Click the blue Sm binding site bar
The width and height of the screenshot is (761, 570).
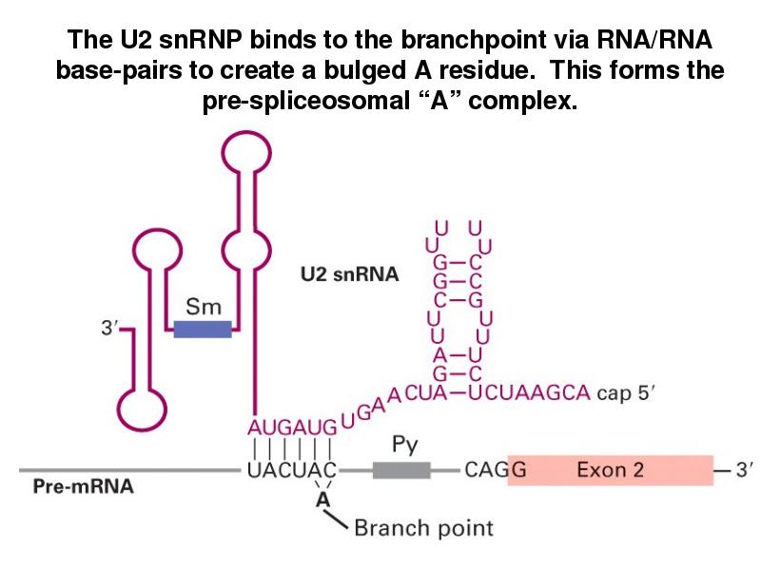203,329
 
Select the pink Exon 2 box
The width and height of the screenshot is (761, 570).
610,470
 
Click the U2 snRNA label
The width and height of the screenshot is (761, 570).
348,275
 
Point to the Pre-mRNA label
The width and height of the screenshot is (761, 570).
84,488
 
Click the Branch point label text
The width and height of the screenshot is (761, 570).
423,527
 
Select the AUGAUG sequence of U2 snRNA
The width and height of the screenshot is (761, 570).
288,427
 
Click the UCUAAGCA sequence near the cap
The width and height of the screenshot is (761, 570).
537,392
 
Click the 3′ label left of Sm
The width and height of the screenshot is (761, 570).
111,330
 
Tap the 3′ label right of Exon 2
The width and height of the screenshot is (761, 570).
736,470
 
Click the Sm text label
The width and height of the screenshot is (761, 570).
204,307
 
